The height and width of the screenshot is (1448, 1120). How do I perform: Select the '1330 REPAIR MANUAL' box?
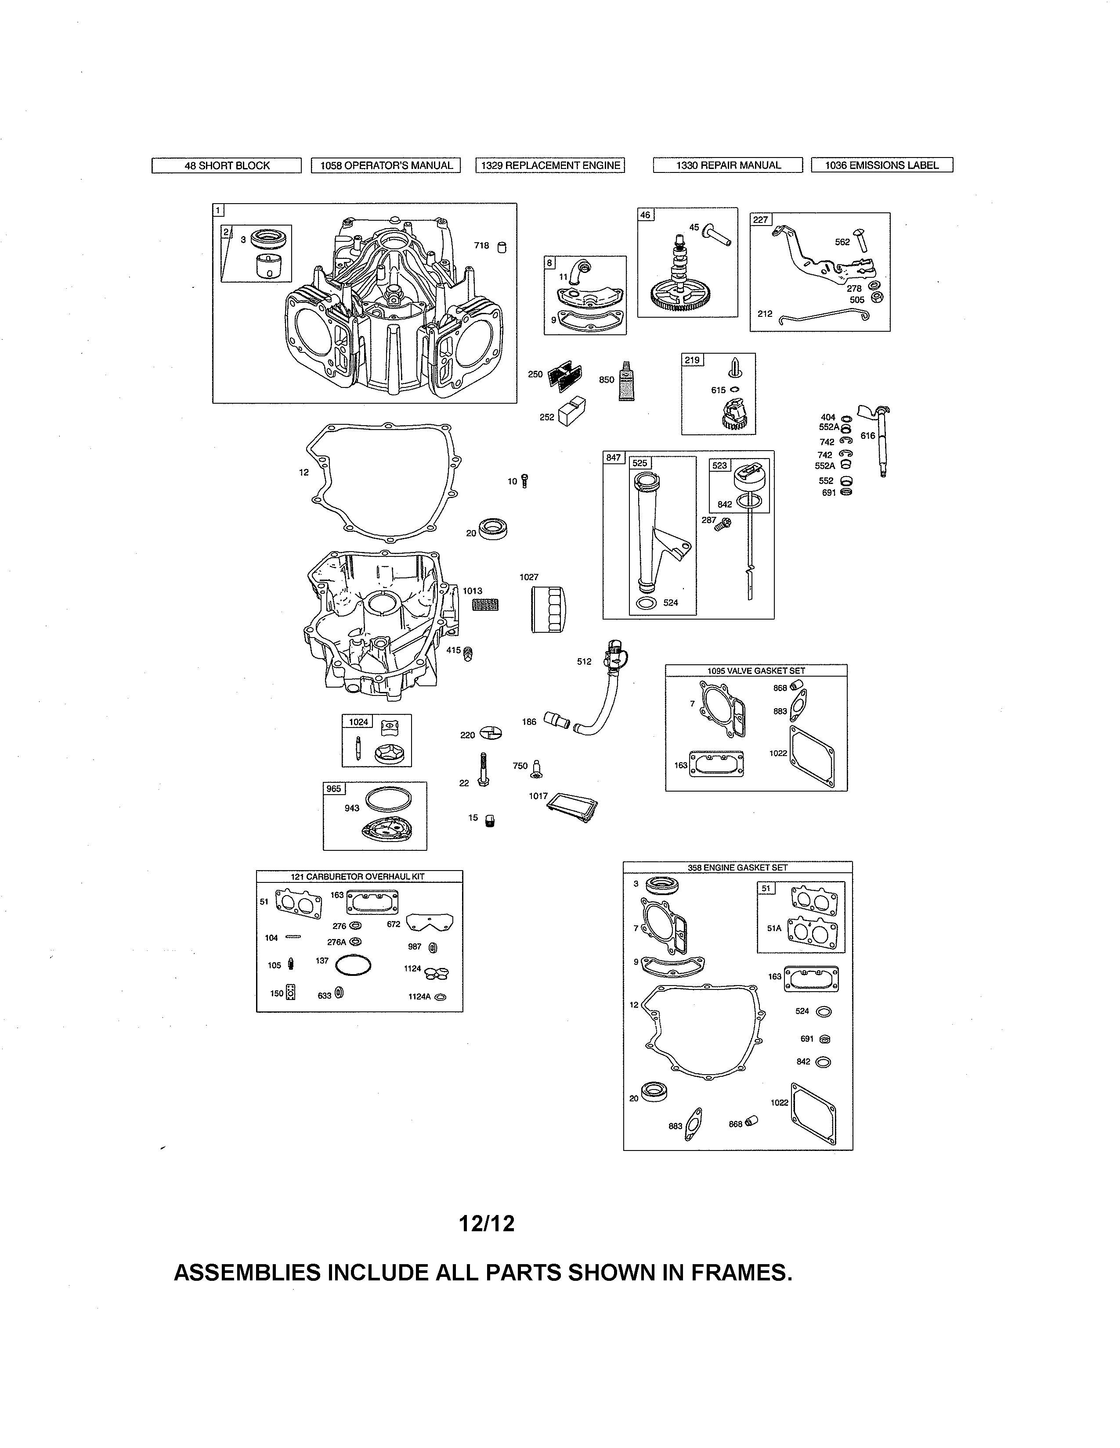pyautogui.click(x=728, y=165)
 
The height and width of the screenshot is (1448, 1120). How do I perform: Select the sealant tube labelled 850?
pyautogui.click(x=625, y=381)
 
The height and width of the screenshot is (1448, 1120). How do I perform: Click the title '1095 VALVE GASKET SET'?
pyautogui.click(x=756, y=670)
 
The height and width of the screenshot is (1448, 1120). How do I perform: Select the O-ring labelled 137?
pyautogui.click(x=353, y=966)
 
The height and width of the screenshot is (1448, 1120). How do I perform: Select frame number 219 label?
pyautogui.click(x=692, y=360)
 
